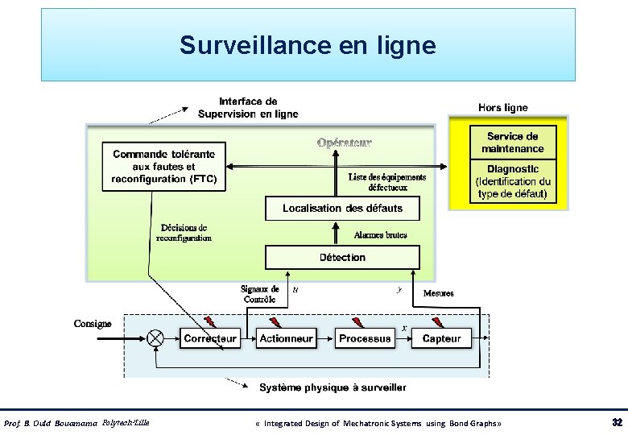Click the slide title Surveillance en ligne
[308, 45]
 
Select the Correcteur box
[210, 338]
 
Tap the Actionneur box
[286, 338]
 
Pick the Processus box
[365, 338]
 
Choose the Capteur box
[442, 338]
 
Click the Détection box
[342, 257]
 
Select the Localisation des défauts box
[342, 208]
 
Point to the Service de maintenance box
[512, 143]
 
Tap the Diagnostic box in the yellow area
[512, 182]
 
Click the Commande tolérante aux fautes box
[163, 167]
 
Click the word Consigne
[93, 324]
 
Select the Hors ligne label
[503, 107]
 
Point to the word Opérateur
[345, 143]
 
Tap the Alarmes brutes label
[380, 235]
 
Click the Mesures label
[438, 293]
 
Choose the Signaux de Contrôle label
[260, 294]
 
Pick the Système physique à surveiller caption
[333, 387]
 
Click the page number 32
[617, 423]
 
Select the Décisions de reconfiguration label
[184, 233]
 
